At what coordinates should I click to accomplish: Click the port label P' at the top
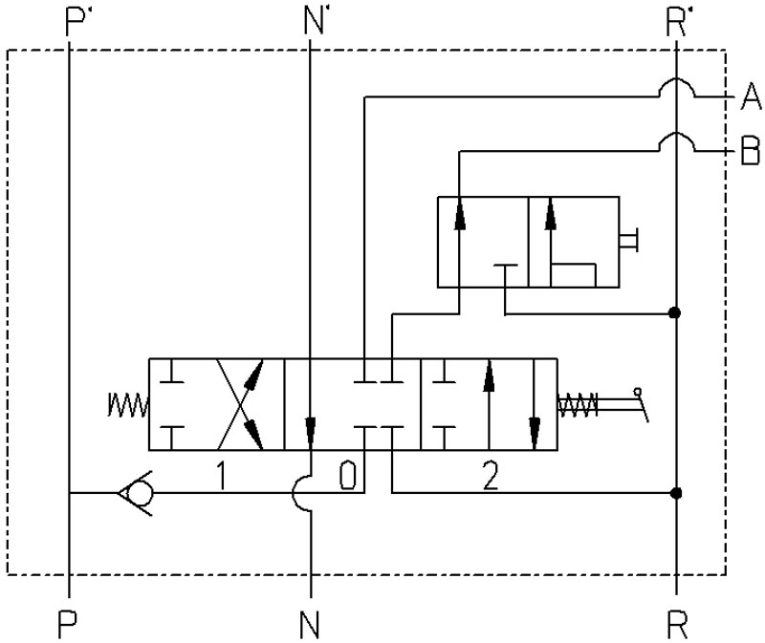76,22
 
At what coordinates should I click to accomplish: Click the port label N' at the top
314,22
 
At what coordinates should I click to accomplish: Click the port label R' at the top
676,22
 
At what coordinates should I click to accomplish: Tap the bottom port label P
67,625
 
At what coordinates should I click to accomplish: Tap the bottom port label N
309,625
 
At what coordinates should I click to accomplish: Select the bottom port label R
677,625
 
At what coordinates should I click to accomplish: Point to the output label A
751,96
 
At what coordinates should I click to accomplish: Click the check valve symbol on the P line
136,493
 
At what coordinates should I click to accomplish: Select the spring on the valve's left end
128,405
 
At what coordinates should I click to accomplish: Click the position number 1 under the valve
222,476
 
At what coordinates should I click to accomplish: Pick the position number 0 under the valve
348,476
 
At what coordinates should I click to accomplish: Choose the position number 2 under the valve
491,476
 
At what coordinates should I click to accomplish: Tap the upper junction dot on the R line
675,312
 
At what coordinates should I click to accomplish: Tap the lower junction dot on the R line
676,493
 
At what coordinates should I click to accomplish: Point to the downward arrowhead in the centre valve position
310,432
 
